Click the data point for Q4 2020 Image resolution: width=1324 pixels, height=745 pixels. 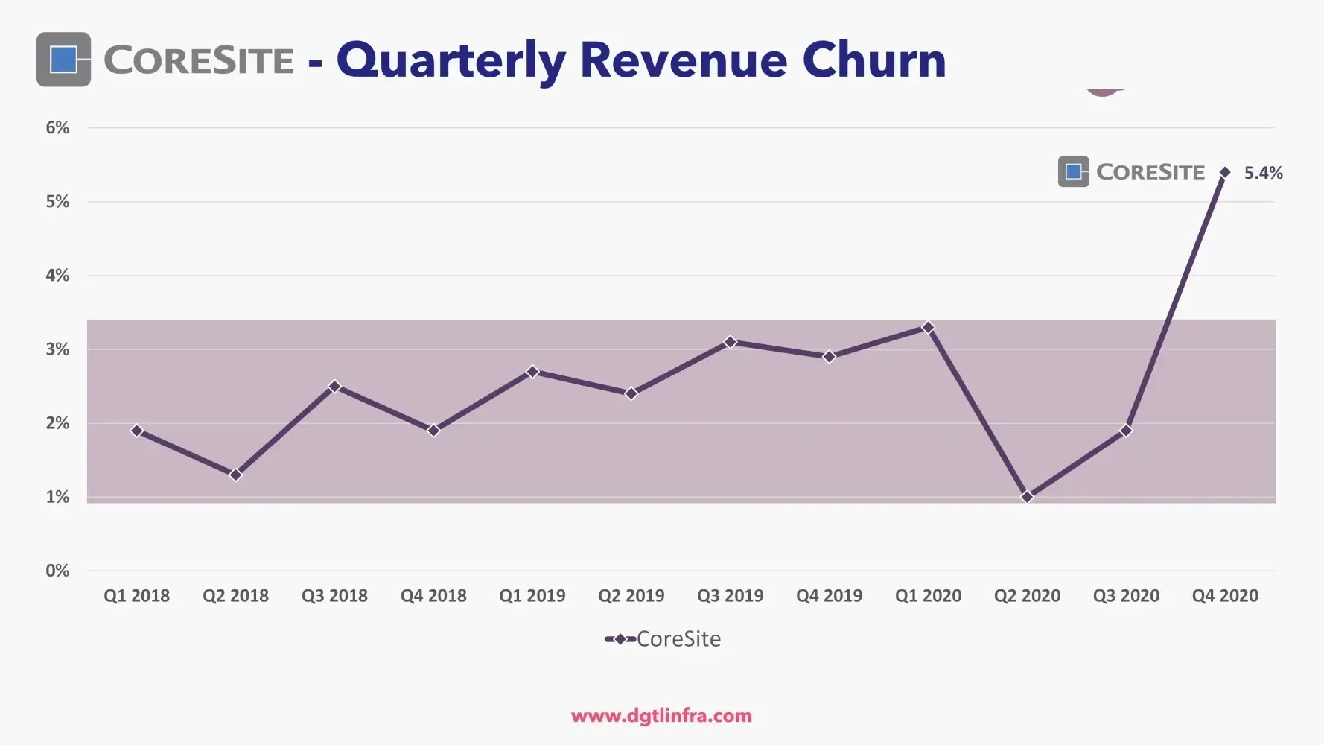tap(1225, 172)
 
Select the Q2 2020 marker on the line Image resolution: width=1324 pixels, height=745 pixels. tap(1027, 496)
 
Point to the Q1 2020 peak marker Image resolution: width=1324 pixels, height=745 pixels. tap(928, 327)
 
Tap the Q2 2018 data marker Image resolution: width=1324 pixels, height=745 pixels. tap(235, 475)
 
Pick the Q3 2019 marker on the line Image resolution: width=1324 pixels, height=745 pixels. tap(730, 342)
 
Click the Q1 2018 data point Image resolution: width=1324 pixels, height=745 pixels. tap(136, 430)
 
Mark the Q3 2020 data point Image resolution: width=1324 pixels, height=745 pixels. tap(1126, 430)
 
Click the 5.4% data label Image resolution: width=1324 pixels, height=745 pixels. tap(1263, 173)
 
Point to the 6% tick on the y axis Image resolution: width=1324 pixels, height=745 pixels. tap(57, 127)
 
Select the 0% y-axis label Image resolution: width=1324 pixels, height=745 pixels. tap(57, 571)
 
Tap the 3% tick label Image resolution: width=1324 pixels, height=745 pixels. tap(57, 349)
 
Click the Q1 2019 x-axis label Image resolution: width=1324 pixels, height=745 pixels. tap(532, 596)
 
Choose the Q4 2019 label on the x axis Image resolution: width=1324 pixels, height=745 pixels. tap(829, 596)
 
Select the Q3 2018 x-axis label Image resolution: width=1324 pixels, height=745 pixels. tap(334, 596)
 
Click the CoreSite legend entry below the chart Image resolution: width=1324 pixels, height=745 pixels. tap(663, 639)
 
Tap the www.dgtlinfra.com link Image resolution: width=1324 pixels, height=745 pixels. tap(661, 716)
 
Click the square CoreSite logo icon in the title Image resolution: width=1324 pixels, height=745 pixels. tap(63, 60)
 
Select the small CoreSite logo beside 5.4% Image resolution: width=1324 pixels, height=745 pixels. tap(1074, 172)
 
